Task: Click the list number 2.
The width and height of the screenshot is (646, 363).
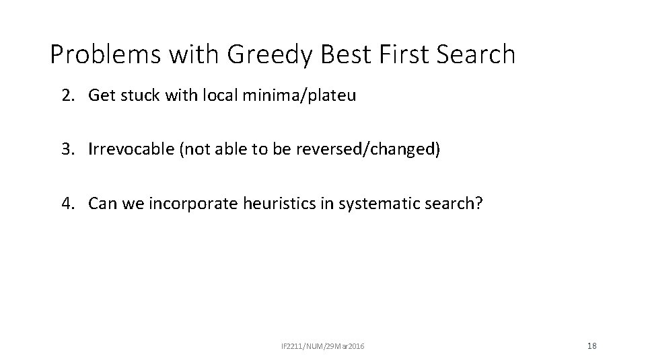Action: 67,95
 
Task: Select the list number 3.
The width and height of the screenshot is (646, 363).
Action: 67,149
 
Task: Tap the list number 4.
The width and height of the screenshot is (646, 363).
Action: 67,203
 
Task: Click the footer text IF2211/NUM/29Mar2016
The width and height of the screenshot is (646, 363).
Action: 323,346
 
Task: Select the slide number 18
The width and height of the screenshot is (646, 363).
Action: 591,346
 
